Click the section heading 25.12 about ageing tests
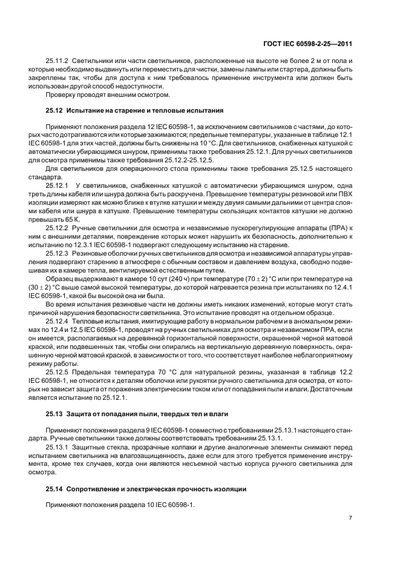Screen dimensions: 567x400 coord(134,110)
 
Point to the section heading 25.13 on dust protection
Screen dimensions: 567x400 coord(137,413)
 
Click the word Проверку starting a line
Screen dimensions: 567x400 coord(61,94)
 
